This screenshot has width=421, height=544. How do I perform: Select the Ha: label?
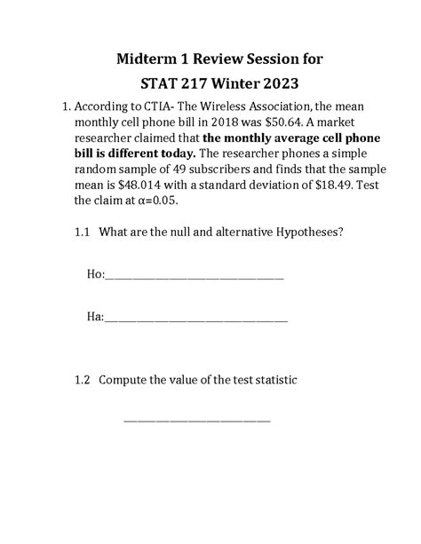(95, 315)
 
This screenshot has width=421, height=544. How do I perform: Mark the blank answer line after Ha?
(196, 319)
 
